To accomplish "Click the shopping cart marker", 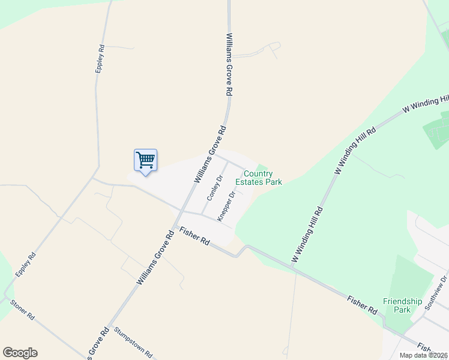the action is point(145,161).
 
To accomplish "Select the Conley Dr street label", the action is point(214,188).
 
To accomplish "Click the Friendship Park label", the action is point(403,305).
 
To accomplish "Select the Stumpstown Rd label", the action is point(133,343).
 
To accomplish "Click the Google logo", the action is point(20,353).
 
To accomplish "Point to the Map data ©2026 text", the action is point(424,355).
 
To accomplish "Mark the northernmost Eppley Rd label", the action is point(100,59).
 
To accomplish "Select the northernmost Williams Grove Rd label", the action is point(229,65).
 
